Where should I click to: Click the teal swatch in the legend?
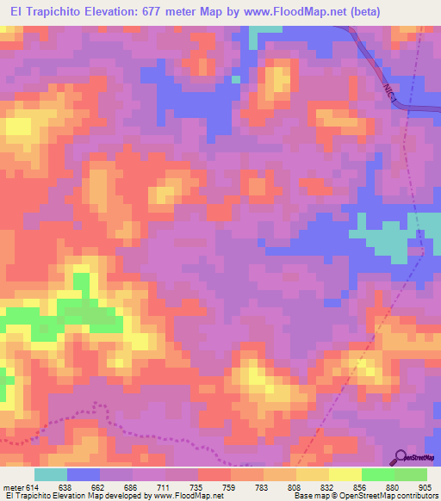click(x=51, y=474)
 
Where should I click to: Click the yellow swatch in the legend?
click(x=345, y=474)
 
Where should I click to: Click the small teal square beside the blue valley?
click(x=235, y=80)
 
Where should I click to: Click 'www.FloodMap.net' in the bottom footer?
click(x=184, y=496)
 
